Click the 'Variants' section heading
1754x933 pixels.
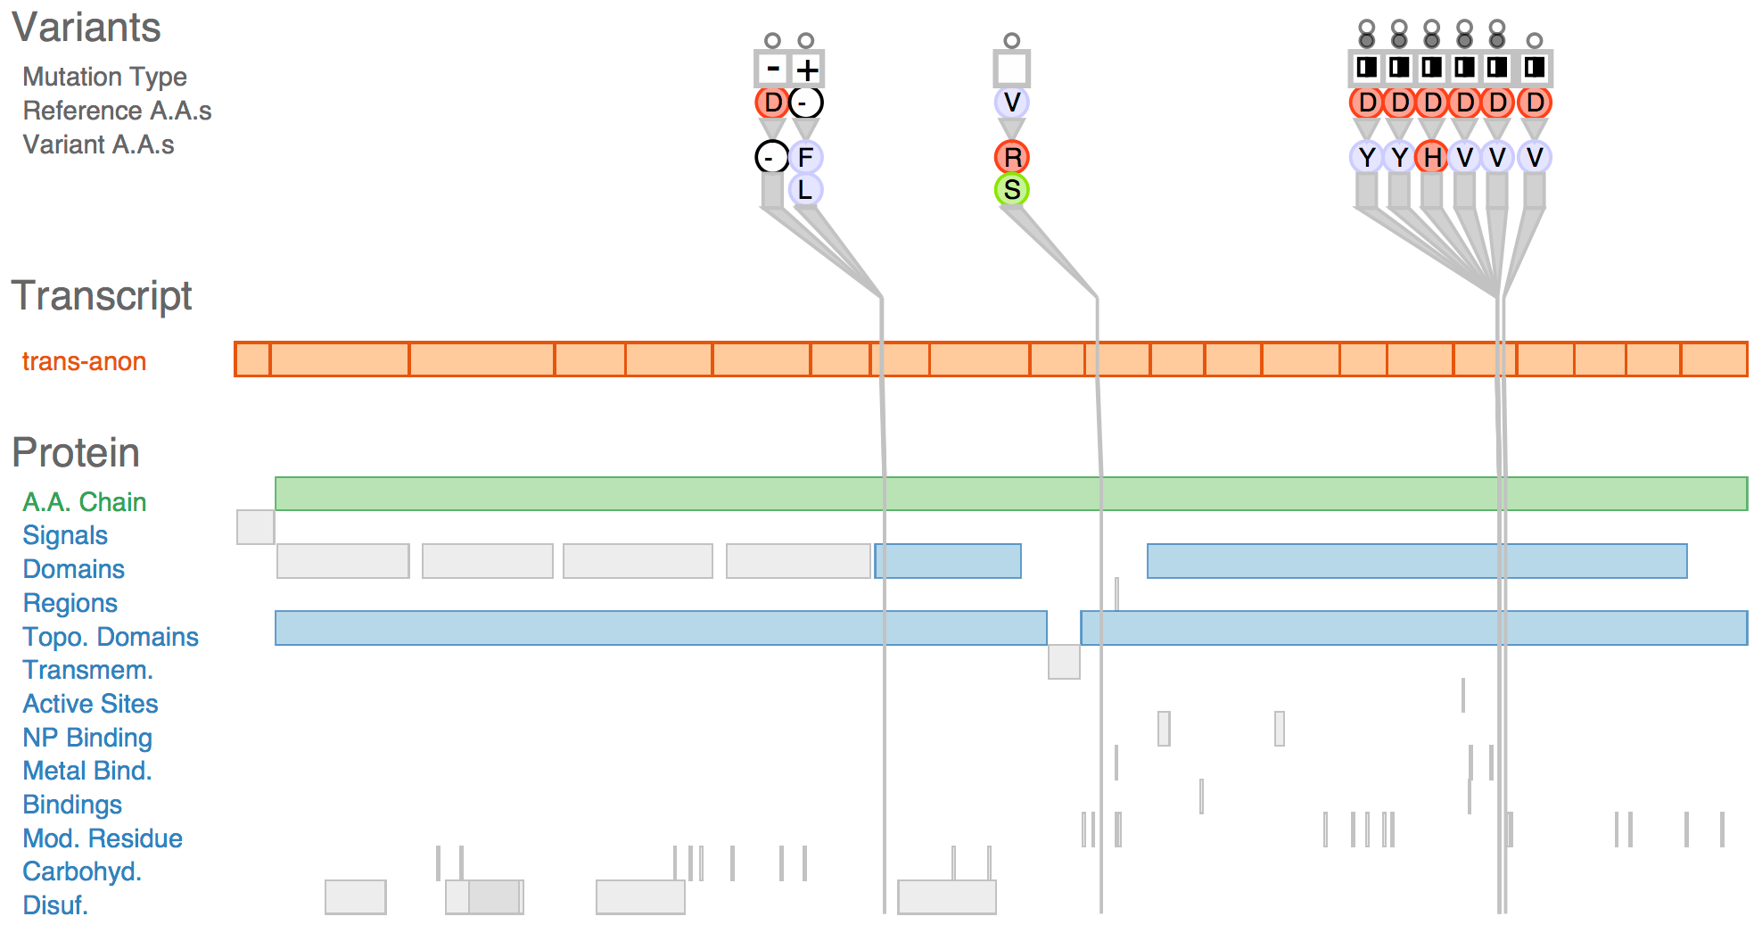[x=86, y=28]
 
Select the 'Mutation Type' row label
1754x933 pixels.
[x=104, y=77]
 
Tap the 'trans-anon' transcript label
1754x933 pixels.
[x=84, y=361]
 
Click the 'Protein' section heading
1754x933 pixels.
[x=76, y=452]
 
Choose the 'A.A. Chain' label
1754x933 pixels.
[x=84, y=502]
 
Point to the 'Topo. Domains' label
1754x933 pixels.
[x=111, y=637]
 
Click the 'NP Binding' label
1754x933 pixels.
[x=87, y=738]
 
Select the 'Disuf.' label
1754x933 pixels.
[x=55, y=905]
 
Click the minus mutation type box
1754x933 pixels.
[x=772, y=69]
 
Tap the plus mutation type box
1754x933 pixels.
[x=806, y=69]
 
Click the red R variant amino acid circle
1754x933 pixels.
[x=1012, y=157]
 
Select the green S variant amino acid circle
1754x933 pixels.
[x=1012, y=190]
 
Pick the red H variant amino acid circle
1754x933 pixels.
[x=1432, y=157]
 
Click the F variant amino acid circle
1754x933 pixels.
[x=805, y=157]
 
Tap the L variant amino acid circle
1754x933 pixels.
[x=805, y=190]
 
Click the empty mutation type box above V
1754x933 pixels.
[x=1012, y=69]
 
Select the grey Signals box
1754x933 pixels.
[x=255, y=527]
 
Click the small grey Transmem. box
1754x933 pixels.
[x=1064, y=662]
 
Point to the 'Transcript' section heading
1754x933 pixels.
[x=102, y=295]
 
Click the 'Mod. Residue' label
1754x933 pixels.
[x=103, y=838]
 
